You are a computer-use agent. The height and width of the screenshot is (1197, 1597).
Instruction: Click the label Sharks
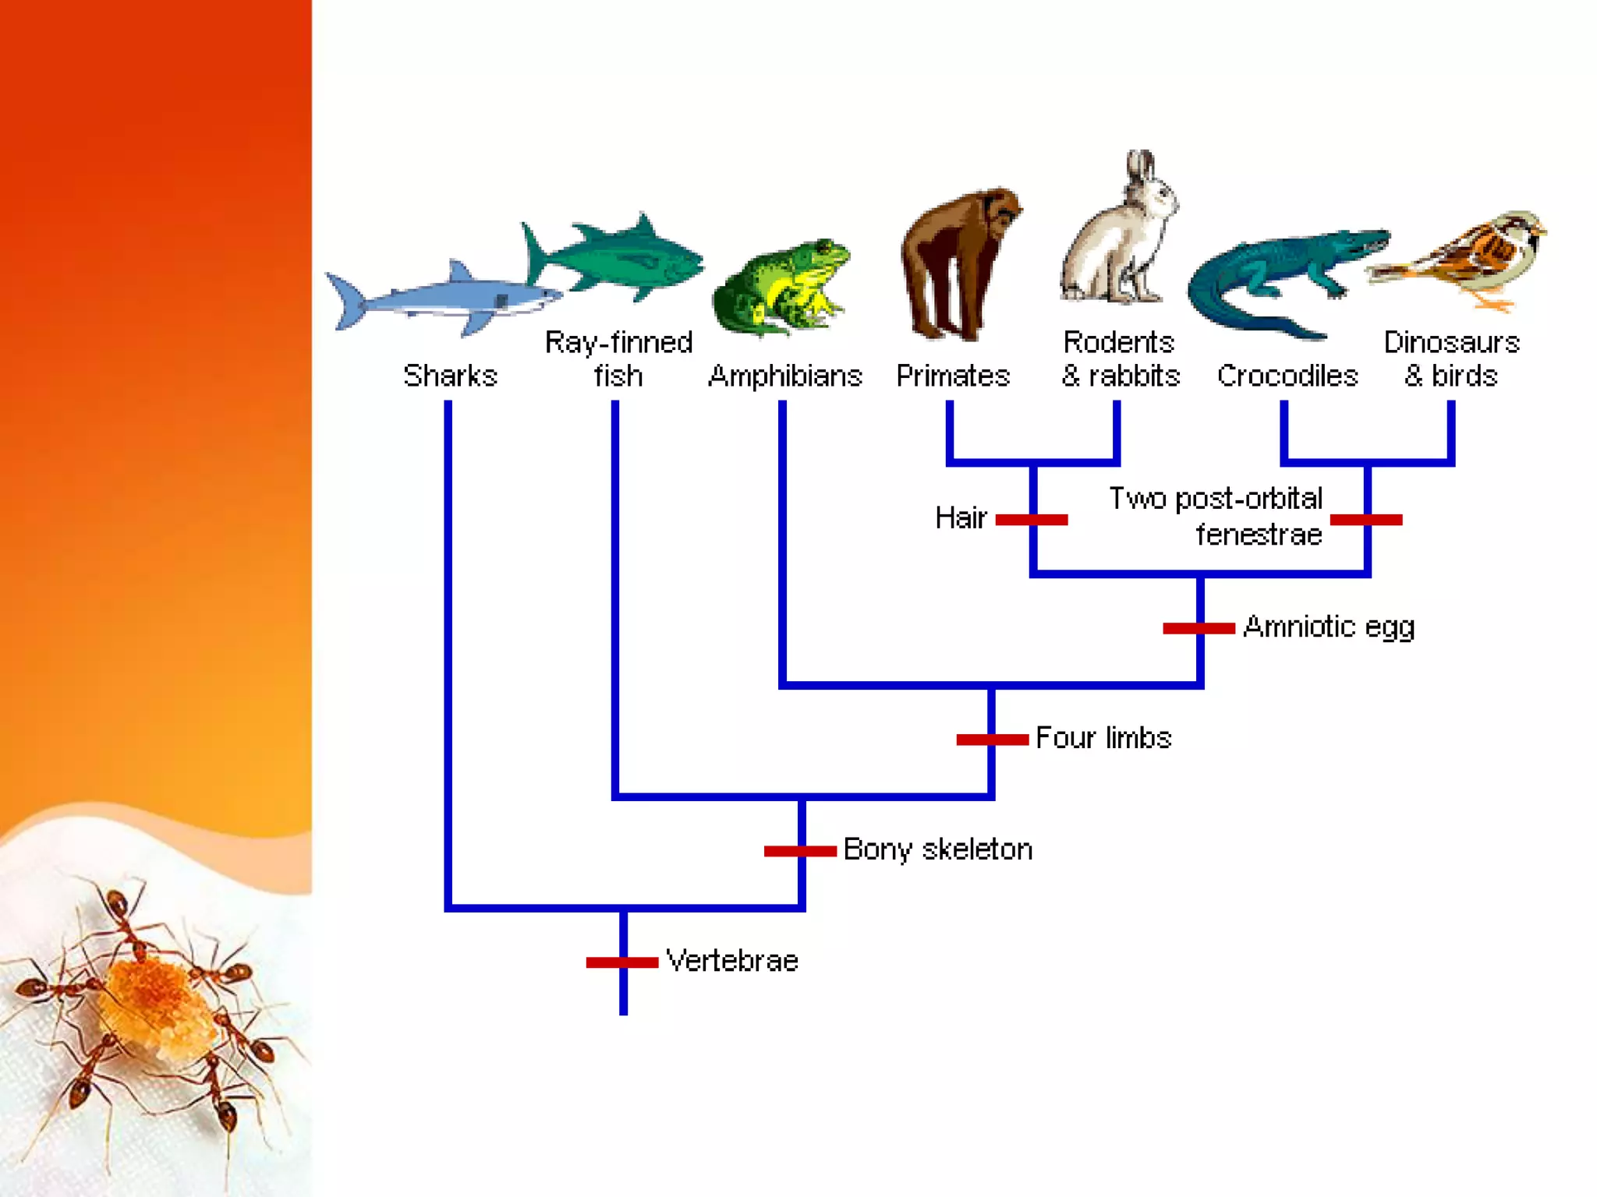click(450, 376)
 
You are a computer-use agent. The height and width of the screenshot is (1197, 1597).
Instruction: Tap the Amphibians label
click(784, 376)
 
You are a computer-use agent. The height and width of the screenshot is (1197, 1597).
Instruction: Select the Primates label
click(952, 376)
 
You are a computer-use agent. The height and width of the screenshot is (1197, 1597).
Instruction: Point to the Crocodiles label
click(1287, 376)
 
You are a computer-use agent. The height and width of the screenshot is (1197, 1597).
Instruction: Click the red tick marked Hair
click(1032, 520)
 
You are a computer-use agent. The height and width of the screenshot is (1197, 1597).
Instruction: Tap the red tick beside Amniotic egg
click(1199, 628)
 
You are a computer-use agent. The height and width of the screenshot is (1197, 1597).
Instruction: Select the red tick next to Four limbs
click(992, 740)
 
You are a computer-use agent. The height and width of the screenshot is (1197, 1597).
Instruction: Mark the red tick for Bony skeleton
click(800, 851)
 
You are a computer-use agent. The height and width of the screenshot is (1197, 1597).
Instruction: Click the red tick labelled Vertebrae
click(622, 962)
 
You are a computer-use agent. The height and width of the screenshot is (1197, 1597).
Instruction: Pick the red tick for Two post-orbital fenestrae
click(1366, 520)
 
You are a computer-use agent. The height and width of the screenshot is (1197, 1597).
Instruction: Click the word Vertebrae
click(732, 961)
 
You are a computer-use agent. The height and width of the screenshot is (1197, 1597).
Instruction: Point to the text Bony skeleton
click(937, 849)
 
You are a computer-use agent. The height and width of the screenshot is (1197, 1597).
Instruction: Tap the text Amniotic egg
click(1329, 627)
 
